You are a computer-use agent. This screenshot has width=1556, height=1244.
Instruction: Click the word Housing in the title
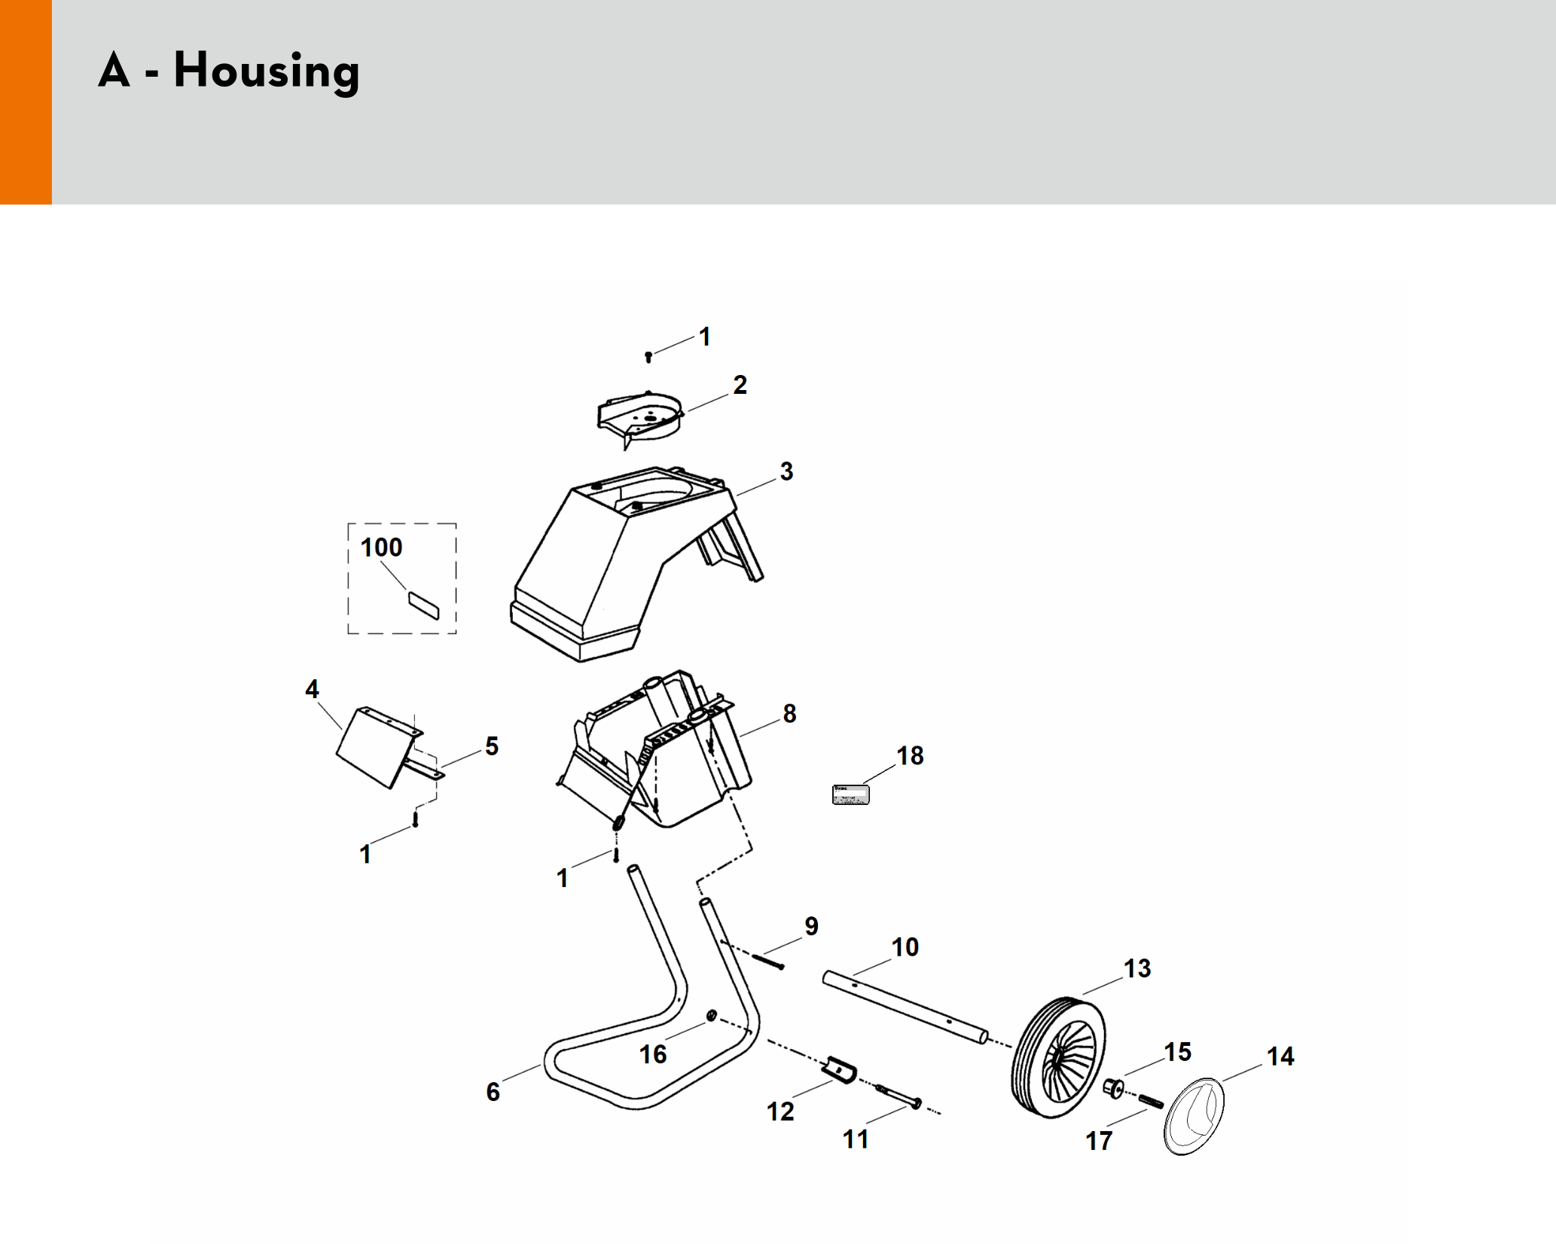267,72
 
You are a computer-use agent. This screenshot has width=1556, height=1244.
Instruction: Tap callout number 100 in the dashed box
381,547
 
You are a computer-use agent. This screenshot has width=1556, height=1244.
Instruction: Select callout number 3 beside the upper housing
786,471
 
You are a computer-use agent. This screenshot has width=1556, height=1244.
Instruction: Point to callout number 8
789,713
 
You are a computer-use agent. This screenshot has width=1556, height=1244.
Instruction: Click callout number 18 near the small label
910,755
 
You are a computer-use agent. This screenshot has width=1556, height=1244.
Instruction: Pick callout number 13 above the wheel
1137,968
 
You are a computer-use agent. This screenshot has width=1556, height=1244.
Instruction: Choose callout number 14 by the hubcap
1280,1056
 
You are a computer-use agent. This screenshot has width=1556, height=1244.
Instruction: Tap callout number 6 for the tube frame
493,1092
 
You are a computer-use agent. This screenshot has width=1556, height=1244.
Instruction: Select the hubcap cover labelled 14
1194,1116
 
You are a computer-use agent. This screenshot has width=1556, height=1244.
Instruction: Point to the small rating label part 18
851,794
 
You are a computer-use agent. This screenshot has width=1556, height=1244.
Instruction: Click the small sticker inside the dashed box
423,605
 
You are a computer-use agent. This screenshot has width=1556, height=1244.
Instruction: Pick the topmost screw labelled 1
648,356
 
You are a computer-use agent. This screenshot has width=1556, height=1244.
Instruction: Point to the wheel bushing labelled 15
1113,1087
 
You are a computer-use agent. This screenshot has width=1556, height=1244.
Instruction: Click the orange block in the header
26,102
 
